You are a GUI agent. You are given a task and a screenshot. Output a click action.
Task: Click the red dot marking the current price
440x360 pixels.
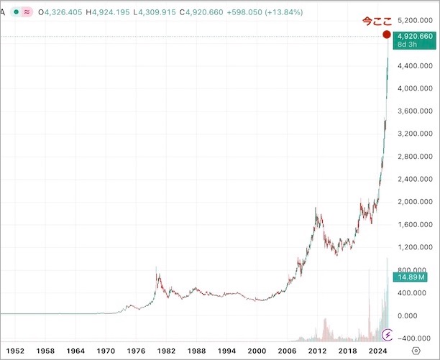tap(387, 34)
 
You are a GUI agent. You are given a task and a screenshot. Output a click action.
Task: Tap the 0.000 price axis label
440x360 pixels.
tap(413, 315)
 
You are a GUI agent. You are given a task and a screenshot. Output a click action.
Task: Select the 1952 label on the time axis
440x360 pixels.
tap(16, 351)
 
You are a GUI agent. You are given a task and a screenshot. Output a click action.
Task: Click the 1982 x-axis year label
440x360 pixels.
tap(167, 351)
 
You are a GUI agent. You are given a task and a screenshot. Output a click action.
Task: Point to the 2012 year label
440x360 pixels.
tap(317, 351)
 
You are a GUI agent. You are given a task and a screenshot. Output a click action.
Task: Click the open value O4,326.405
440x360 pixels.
tap(65, 13)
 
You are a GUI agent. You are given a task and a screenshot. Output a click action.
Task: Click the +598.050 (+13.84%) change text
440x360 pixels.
tap(267, 13)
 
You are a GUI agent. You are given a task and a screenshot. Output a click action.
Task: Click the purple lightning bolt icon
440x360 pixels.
tap(388, 335)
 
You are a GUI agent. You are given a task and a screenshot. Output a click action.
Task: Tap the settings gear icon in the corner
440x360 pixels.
tap(416, 351)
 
